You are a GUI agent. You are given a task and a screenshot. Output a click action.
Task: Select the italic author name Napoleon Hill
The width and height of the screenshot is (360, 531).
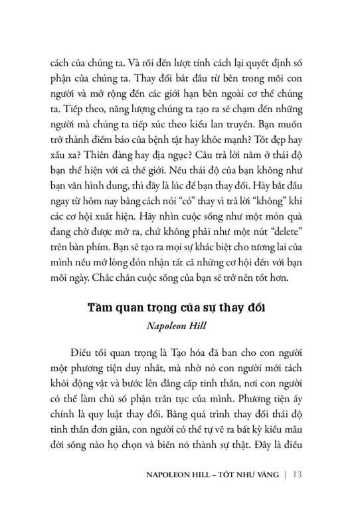click(179, 307)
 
